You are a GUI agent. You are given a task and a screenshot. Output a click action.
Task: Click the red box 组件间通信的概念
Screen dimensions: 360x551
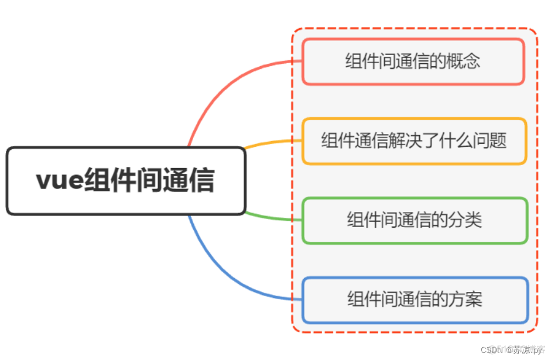413,61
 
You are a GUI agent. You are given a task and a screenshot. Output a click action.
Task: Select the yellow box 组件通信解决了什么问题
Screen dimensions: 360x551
414,140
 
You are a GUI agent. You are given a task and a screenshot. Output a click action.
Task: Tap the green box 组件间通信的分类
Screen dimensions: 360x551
415,220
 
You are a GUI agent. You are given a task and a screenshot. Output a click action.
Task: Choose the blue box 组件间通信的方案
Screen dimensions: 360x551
415,299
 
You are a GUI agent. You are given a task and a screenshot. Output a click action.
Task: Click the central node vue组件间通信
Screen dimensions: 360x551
125,181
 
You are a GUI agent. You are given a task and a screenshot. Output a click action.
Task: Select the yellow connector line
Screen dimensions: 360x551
272,142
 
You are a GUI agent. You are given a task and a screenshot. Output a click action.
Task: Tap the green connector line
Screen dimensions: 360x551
272,218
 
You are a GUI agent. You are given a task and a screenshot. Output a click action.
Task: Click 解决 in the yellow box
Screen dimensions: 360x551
401,140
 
